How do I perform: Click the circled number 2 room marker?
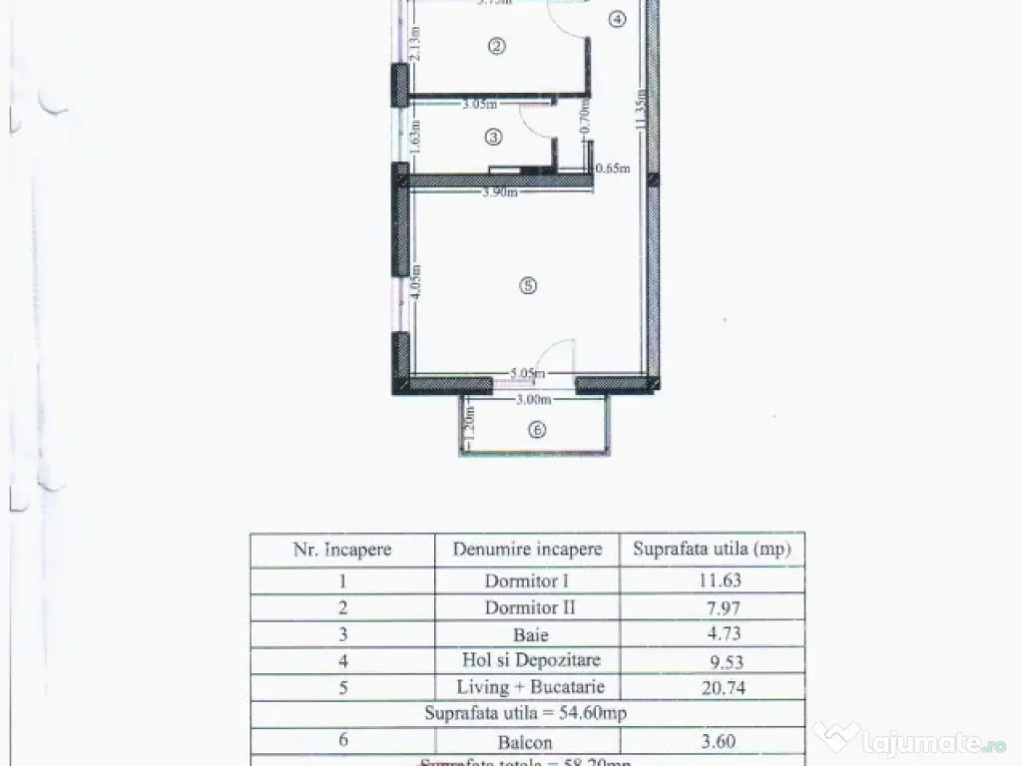[495, 45]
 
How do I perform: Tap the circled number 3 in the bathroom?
[494, 136]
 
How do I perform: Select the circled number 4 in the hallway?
[618, 19]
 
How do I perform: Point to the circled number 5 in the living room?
[528, 286]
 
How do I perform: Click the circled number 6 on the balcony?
[537, 431]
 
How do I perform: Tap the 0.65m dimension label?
[613, 169]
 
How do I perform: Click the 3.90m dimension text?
[500, 192]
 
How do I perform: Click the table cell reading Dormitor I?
[527, 580]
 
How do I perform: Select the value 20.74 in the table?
[711, 687]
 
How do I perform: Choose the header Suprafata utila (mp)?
[711, 550]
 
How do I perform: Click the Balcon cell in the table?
[527, 741]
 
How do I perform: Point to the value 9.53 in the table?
[711, 660]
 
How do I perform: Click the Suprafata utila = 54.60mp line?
[526, 713]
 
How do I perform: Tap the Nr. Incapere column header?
[342, 550]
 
